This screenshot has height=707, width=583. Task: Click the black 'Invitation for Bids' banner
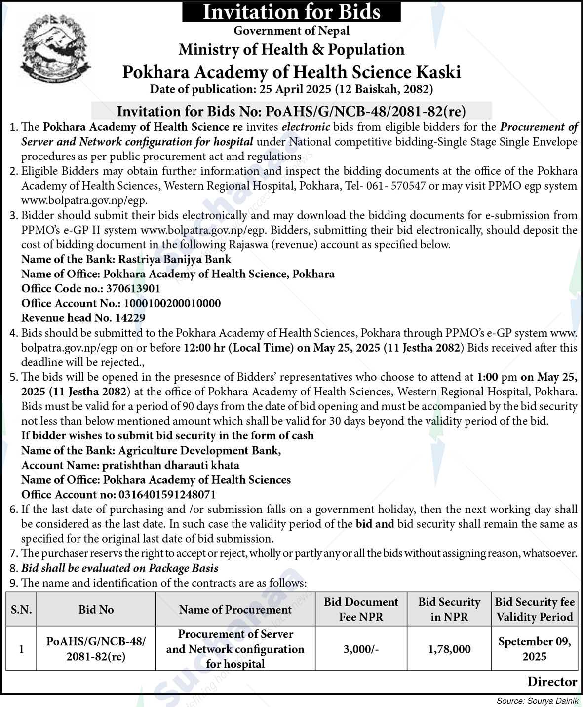pyautogui.click(x=291, y=11)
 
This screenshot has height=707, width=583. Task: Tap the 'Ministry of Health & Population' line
pyautogui.click(x=291, y=49)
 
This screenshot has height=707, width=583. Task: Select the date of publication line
pyautogui.click(x=291, y=89)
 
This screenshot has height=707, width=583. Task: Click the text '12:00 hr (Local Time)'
pyautogui.click(x=239, y=348)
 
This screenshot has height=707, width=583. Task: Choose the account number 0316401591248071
pyautogui.click(x=167, y=495)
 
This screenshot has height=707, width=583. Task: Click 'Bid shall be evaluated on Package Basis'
pyautogui.click(x=120, y=568)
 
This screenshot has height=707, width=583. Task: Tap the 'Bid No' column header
pyautogui.click(x=96, y=610)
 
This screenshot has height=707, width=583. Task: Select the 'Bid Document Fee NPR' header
pyautogui.click(x=360, y=609)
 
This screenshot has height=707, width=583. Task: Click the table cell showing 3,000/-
pyautogui.click(x=361, y=649)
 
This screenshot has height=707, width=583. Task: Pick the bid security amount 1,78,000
pyautogui.click(x=449, y=649)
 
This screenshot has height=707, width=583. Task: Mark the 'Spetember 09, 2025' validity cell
pyautogui.click(x=534, y=649)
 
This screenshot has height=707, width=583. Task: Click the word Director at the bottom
pyautogui.click(x=552, y=682)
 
